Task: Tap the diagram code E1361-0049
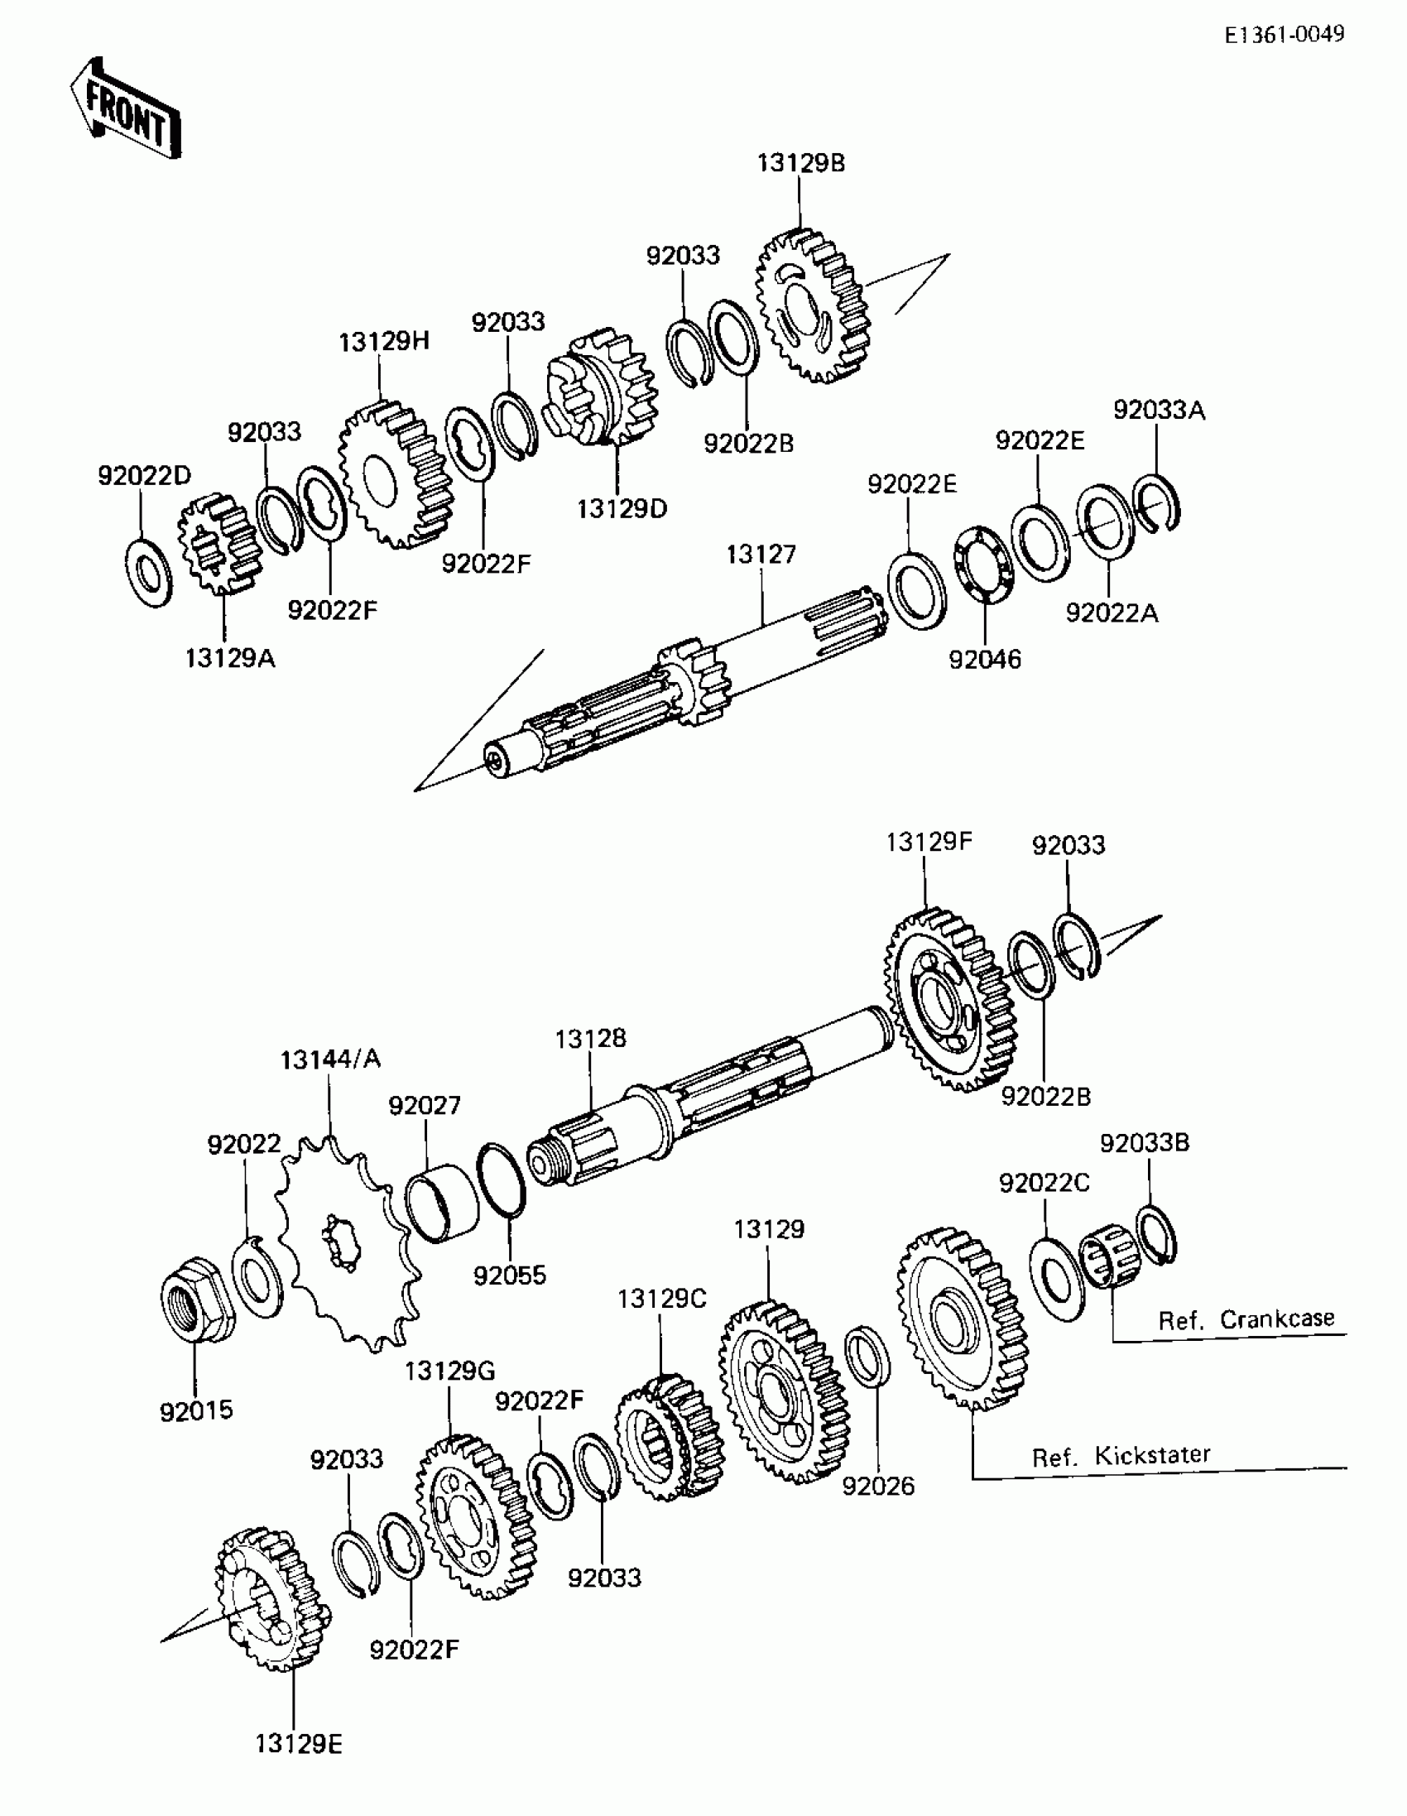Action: (1283, 34)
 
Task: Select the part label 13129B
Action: (800, 163)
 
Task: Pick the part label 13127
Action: (761, 554)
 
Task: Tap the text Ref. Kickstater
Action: (1120, 1456)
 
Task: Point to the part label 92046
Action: (985, 660)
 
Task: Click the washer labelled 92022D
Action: (149, 573)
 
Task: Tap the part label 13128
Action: (590, 1039)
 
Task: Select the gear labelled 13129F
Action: (948, 997)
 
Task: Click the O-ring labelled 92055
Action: (501, 1179)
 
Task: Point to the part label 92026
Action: (878, 1486)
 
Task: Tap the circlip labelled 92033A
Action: (1157, 502)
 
